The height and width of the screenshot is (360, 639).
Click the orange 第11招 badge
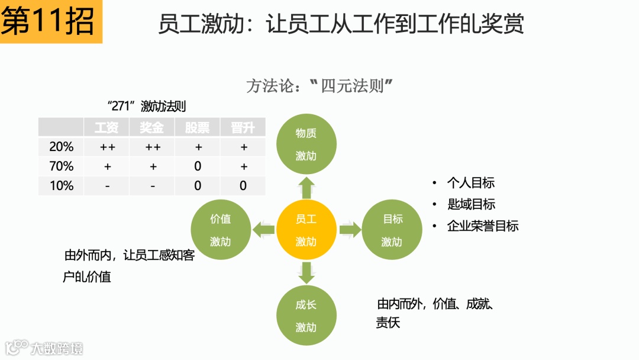coord(51,22)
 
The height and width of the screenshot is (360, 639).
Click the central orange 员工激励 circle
coord(306,230)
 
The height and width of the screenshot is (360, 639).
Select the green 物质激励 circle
coord(306,144)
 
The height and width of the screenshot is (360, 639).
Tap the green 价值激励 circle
coord(221,230)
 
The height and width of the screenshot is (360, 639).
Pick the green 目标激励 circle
coord(392,230)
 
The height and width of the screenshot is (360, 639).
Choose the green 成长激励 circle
coord(306,316)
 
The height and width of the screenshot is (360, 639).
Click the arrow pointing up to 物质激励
coord(306,188)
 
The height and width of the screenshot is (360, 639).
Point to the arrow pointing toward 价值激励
coord(263,230)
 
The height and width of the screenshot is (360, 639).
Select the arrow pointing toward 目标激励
coord(350,230)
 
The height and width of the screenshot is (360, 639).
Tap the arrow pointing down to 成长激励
coord(306,272)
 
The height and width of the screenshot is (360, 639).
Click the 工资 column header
coord(106,127)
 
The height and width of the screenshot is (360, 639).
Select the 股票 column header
coord(197,127)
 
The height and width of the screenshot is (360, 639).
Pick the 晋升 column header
coord(243,127)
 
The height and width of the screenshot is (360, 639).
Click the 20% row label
coord(61,147)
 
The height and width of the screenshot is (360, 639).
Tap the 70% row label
coord(61,166)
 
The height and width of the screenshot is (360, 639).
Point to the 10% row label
coord(61,186)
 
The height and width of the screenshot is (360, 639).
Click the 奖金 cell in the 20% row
coord(152,147)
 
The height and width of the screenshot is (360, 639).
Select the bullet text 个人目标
coord(470,183)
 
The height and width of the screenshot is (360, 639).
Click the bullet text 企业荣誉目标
coord(482,226)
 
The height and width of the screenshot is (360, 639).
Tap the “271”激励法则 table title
coord(147,107)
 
